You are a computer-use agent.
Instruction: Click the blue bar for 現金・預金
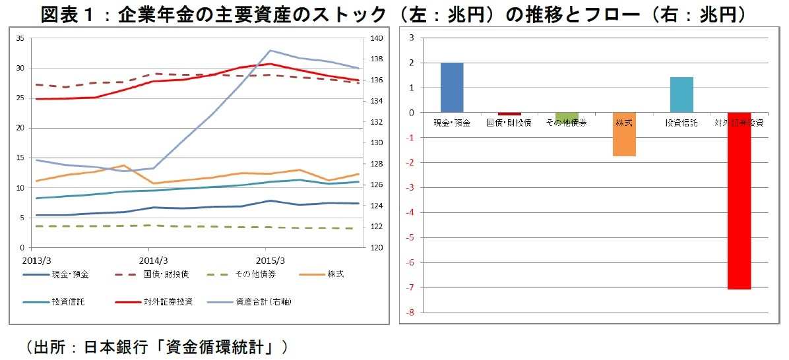point(452,88)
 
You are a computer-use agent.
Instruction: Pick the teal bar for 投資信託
point(681,95)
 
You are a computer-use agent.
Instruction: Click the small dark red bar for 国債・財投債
point(509,114)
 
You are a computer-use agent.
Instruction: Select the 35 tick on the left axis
point(19,39)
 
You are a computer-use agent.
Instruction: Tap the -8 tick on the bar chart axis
point(410,313)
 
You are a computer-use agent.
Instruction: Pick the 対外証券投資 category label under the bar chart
point(739,123)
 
